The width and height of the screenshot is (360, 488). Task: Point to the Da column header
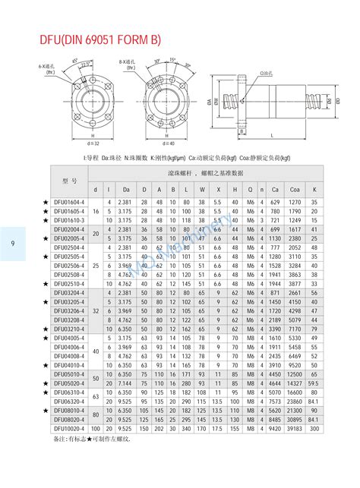point(126,189)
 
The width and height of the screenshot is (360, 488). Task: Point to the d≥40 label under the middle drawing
point(169,143)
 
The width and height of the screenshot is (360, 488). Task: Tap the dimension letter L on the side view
point(272,135)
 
